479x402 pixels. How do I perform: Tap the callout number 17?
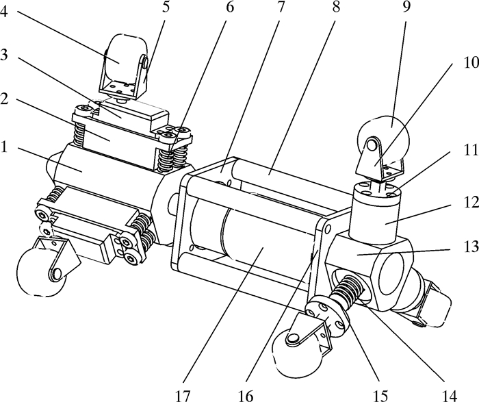[183, 396]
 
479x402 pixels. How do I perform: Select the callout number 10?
[471, 63]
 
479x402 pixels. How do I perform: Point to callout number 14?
[450, 396]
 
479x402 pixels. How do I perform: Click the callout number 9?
[406, 7]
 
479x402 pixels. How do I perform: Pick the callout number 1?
[3, 147]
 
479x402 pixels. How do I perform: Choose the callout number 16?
[246, 396]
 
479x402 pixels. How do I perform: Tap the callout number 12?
[471, 203]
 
